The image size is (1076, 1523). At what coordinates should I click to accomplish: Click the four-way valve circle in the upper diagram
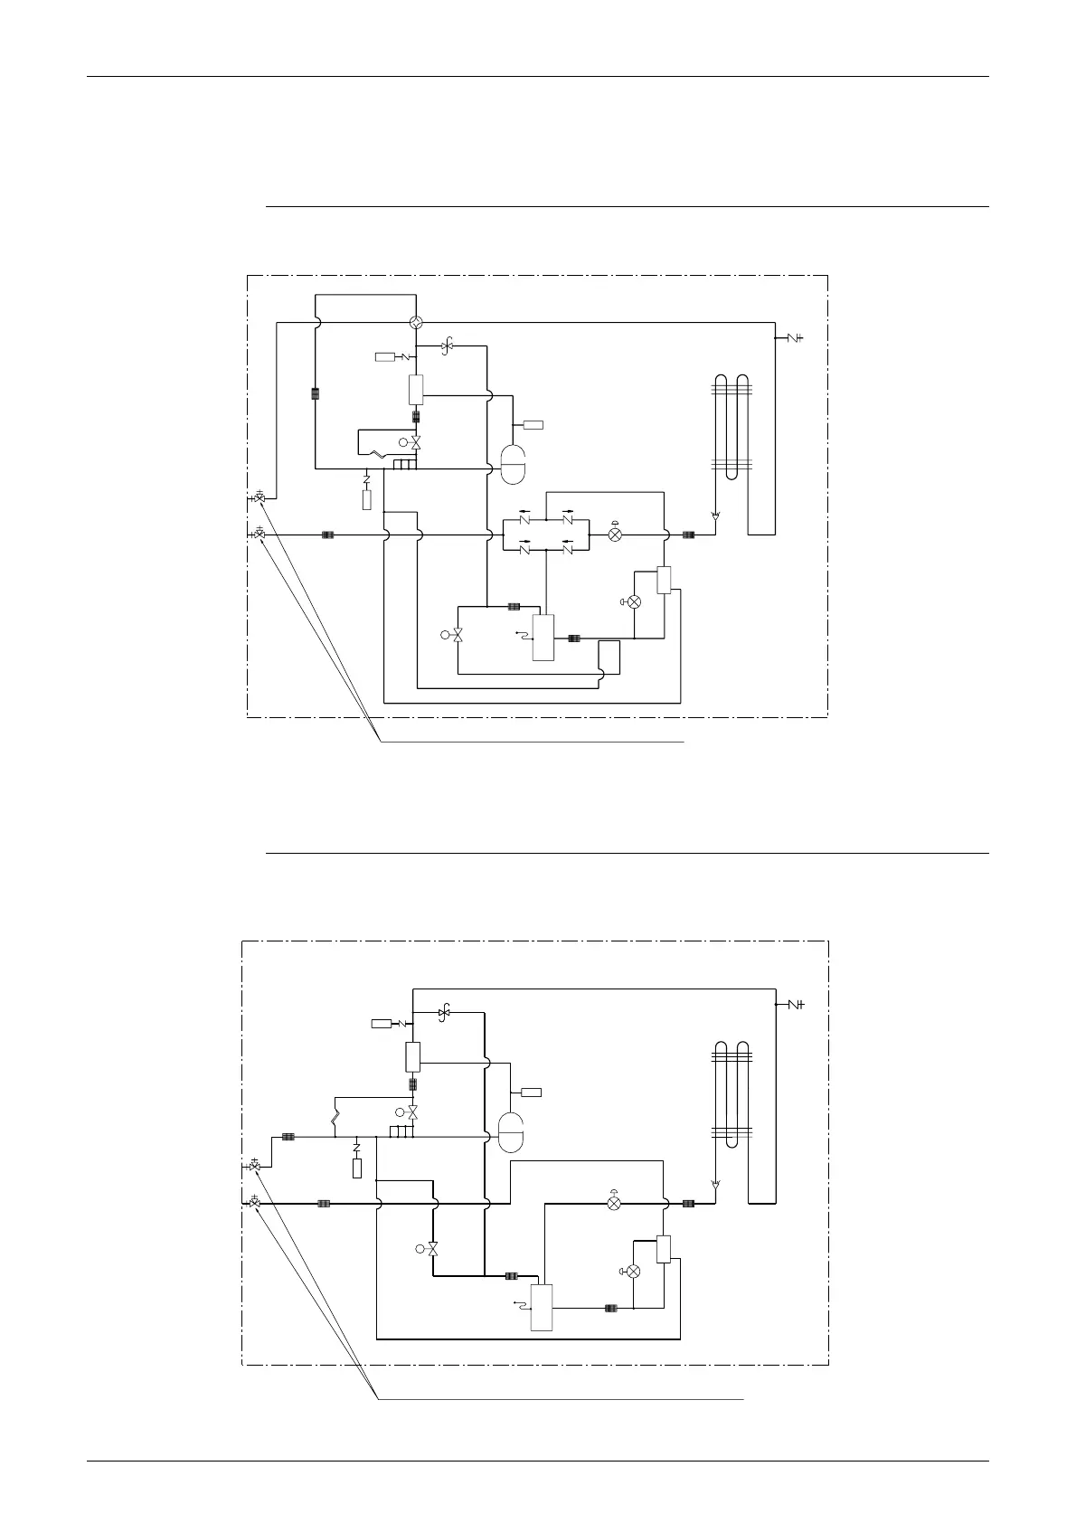tap(416, 323)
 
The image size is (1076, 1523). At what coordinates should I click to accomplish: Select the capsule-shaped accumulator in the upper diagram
tap(513, 468)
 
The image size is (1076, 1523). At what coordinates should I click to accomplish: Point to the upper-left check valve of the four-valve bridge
tap(524, 520)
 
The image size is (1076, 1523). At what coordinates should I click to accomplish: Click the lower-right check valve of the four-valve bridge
tap(568, 547)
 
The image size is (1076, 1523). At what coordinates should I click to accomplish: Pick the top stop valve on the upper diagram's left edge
tap(260, 498)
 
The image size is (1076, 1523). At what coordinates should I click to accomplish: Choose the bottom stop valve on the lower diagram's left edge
tap(255, 1204)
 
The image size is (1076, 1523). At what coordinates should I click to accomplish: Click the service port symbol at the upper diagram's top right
tap(793, 338)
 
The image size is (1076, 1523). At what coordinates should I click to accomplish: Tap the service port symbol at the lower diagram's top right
tap(793, 1005)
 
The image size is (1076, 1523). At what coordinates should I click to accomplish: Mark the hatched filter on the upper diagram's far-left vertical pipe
tap(316, 393)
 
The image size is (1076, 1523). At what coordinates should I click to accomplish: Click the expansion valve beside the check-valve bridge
tap(616, 534)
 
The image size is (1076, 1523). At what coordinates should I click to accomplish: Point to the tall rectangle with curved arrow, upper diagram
tap(543, 637)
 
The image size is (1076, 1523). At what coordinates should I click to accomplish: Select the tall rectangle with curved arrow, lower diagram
tap(541, 1307)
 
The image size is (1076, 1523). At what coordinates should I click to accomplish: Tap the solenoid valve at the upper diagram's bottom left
tap(457, 635)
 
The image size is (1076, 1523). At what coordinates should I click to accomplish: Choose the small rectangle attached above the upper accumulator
tap(533, 424)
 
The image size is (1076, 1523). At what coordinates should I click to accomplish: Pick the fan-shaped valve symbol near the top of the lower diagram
tap(444, 1012)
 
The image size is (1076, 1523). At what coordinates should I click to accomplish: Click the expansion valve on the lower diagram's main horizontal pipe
tap(614, 1203)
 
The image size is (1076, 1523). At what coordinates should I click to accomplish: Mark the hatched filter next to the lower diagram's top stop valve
tap(288, 1137)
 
